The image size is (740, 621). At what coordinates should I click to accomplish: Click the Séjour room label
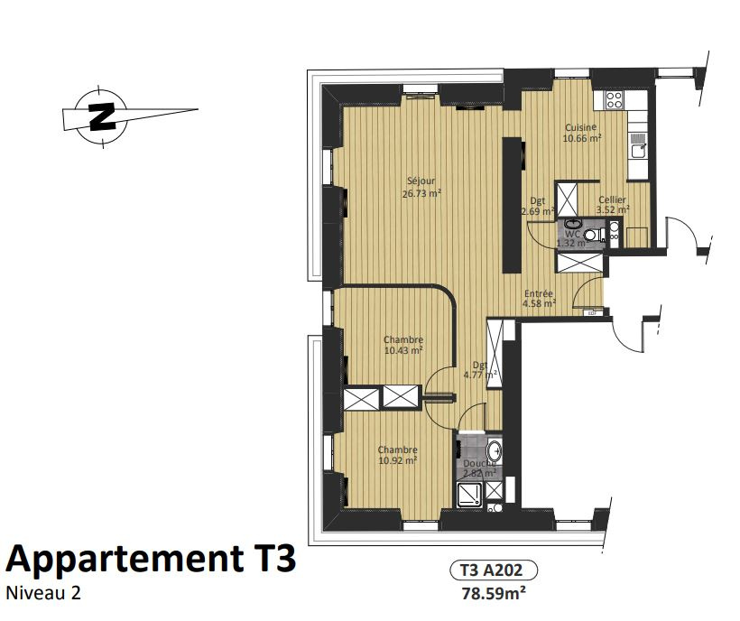[421, 187]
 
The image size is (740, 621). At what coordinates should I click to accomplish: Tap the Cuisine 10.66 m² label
[581, 133]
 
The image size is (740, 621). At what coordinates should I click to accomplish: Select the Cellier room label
[612, 205]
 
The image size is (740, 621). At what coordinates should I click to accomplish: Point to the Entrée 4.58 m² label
[539, 298]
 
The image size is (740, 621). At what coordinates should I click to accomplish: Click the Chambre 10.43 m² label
[403, 345]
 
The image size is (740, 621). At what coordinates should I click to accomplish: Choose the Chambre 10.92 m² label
[397, 455]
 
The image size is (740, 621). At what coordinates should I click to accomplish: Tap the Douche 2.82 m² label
[479, 468]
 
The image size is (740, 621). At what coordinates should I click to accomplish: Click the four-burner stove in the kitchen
[614, 99]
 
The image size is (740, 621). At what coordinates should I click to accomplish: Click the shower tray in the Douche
[470, 494]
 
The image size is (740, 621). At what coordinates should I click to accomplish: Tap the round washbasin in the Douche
[495, 451]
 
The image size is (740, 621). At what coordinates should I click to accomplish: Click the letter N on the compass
[102, 116]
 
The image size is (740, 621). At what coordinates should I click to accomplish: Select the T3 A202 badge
[493, 570]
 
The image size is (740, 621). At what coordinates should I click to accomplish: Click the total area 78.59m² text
[494, 593]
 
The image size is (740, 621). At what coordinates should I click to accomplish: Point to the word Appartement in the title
[124, 558]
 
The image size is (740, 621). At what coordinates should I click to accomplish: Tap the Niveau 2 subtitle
[43, 593]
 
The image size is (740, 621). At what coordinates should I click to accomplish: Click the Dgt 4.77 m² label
[480, 370]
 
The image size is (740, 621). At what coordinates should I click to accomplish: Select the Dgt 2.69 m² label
[538, 206]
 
